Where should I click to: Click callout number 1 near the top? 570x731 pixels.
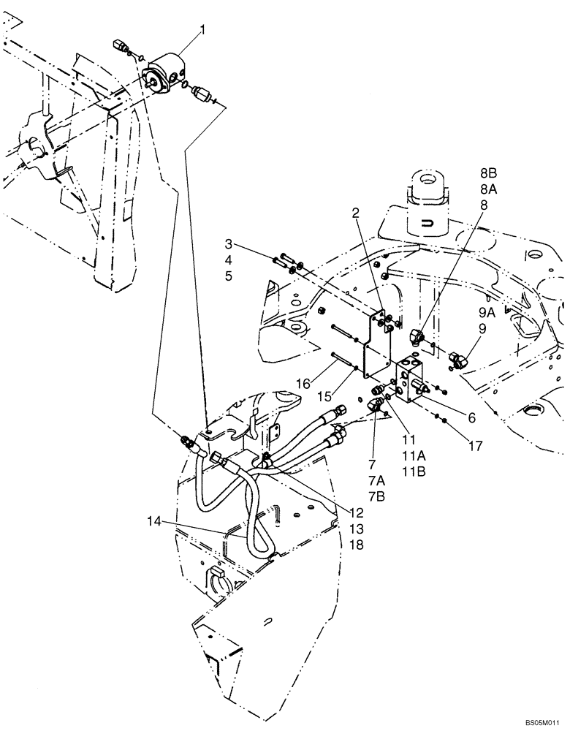pos(203,30)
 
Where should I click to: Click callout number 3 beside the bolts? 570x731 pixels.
pos(229,243)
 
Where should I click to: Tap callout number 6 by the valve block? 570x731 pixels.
pos(471,417)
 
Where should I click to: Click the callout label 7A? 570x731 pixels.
pos(376,479)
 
